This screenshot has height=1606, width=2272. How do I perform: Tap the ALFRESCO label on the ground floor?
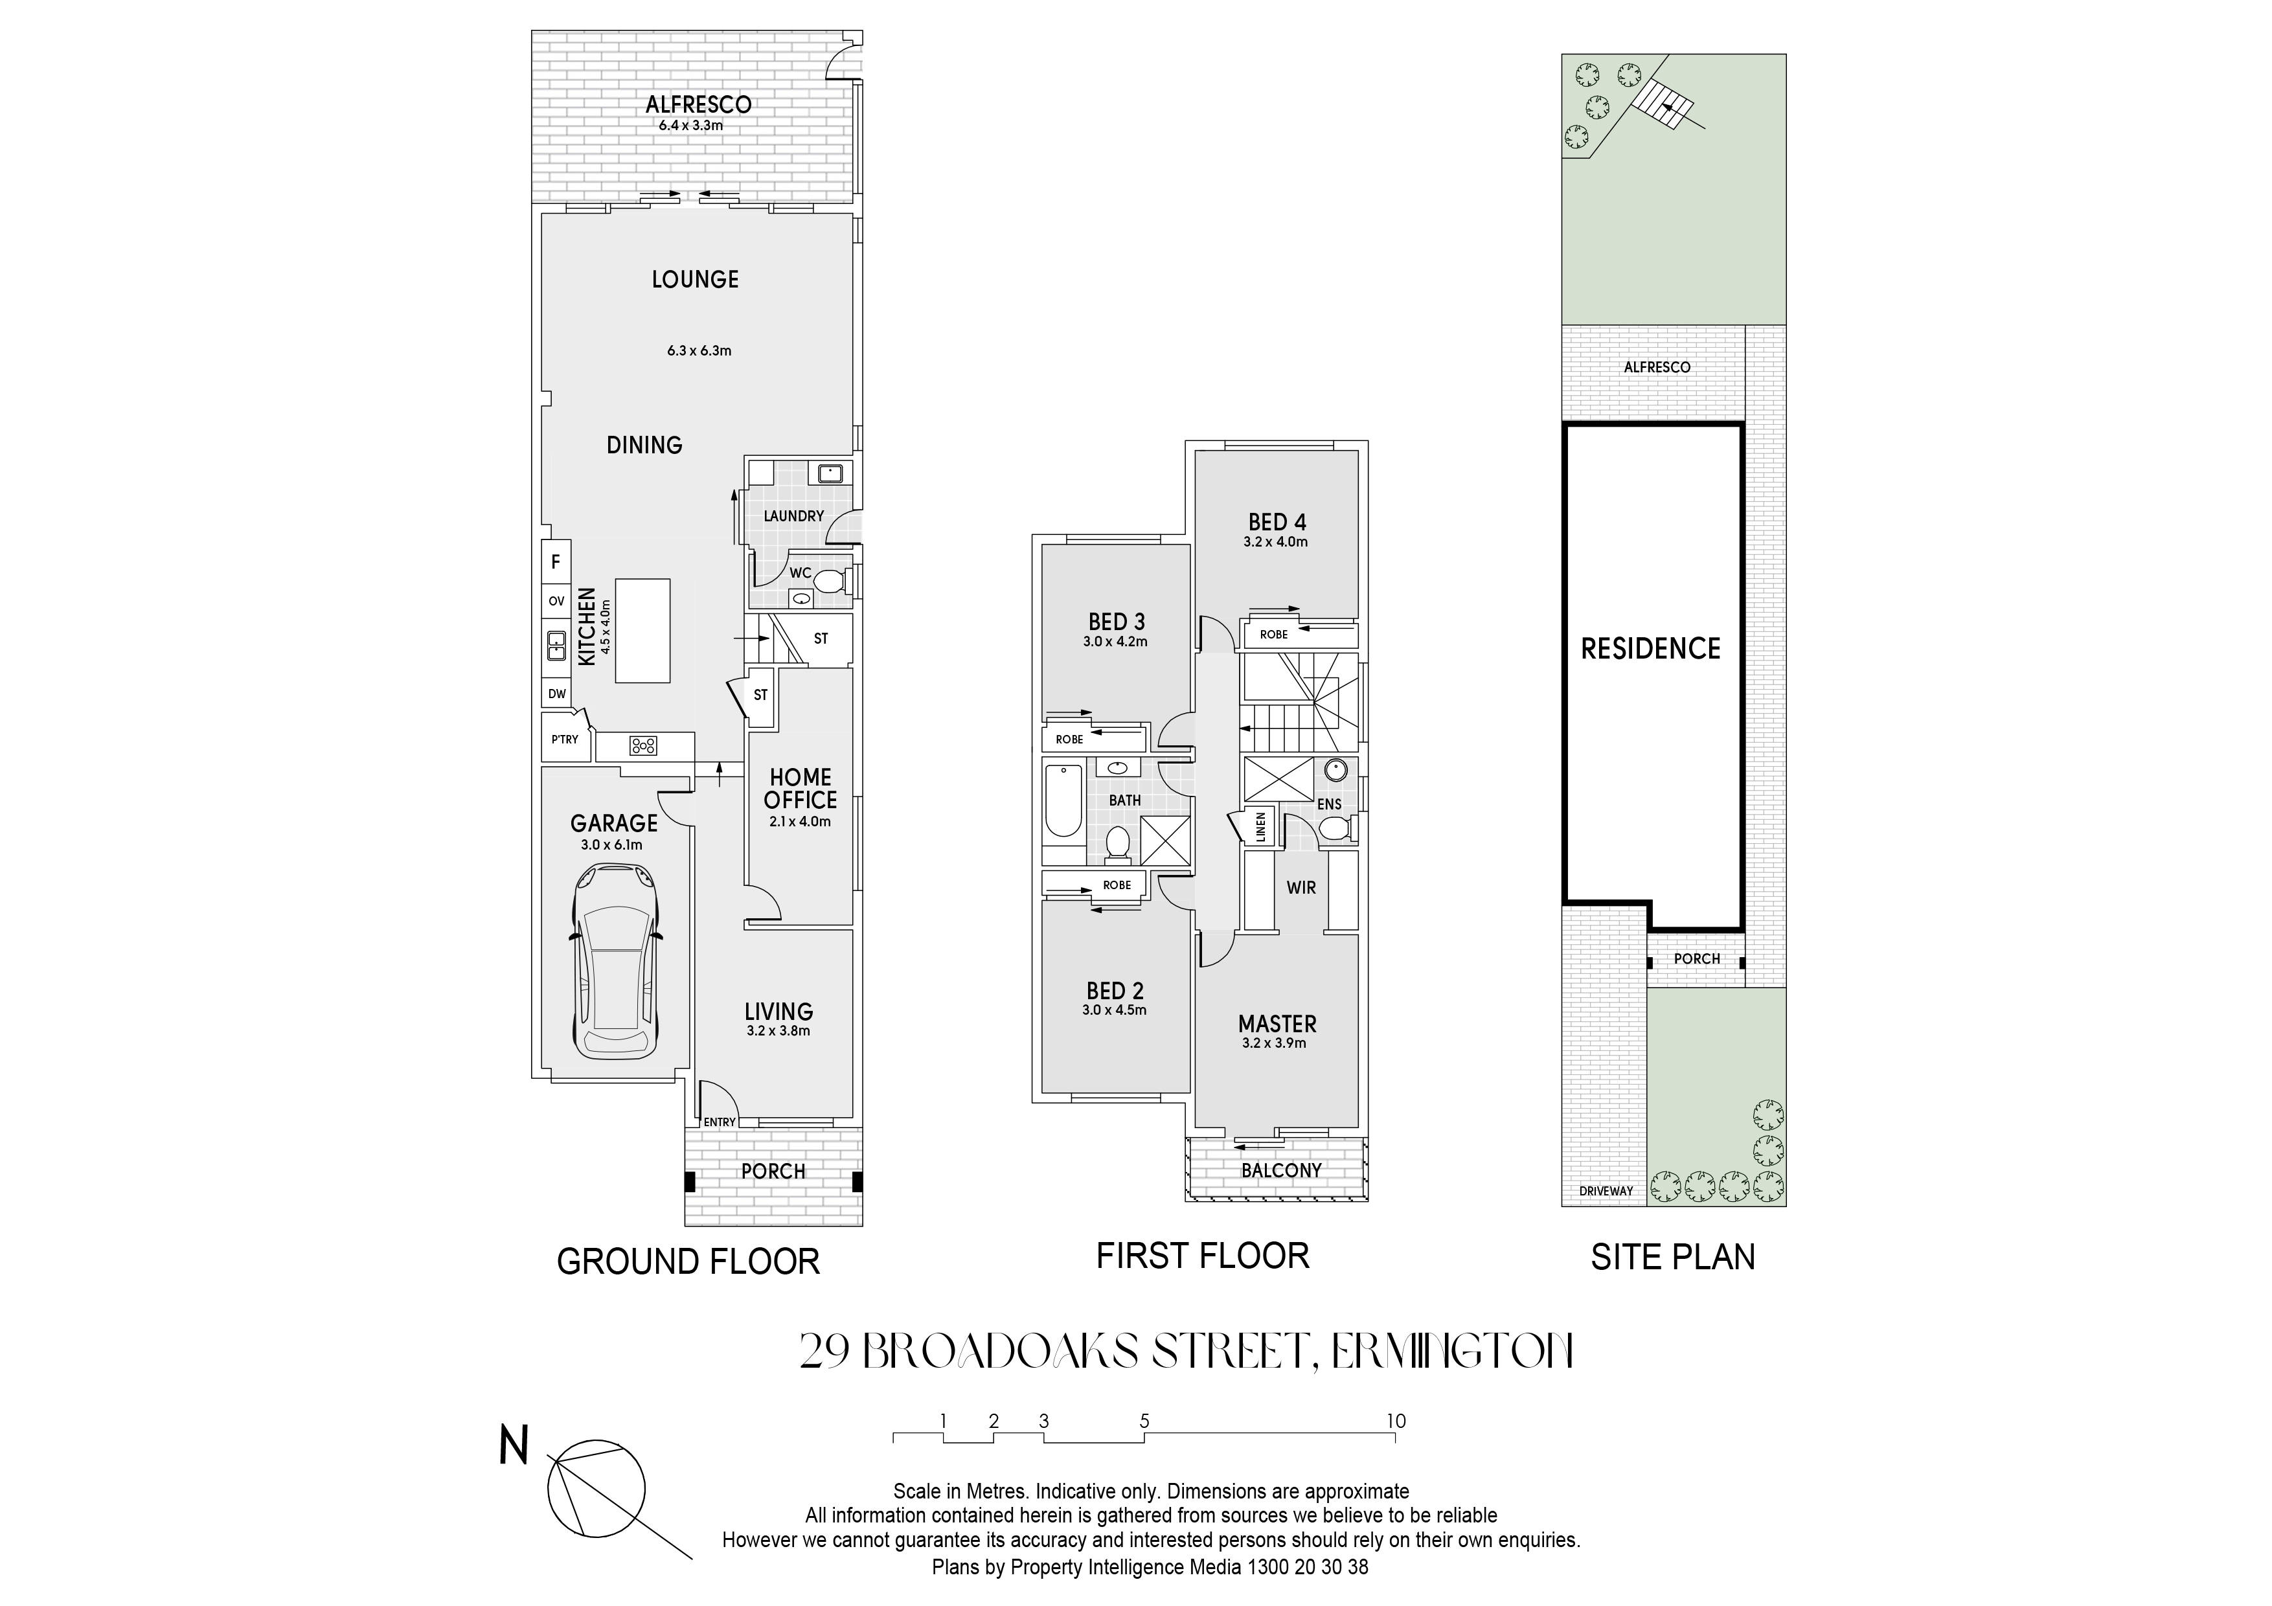coord(699,104)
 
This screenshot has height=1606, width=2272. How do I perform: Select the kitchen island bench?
coord(642,630)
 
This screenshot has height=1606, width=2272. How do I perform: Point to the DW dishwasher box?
coord(557,694)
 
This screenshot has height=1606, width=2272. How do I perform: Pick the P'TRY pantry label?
coord(565,739)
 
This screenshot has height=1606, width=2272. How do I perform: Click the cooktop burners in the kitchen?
coord(643,746)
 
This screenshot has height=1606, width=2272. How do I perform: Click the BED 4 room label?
coord(1277,521)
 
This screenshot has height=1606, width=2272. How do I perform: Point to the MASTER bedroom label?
coord(1277,1024)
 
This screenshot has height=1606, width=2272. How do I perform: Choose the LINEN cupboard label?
coord(1261,824)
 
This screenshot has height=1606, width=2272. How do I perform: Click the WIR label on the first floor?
coord(1301,888)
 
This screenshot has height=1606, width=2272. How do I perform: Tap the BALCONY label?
coord(1282,1170)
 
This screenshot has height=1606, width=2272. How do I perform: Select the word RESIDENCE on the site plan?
coord(1650,648)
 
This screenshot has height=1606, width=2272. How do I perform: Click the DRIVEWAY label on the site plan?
coord(1606,1192)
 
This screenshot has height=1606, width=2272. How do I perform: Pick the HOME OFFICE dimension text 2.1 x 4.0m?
coord(800,821)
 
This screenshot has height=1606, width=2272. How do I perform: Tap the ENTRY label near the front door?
coord(720,1122)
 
